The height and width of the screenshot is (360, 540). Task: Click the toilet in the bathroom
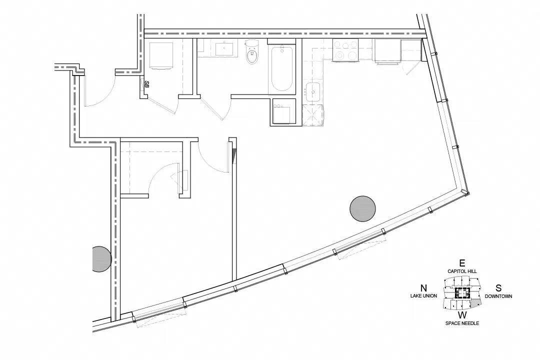click(x=251, y=52)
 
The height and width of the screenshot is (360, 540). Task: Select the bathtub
click(x=282, y=68)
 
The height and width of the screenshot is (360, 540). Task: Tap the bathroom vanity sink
click(x=226, y=48)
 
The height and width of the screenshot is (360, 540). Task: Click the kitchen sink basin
click(x=312, y=92)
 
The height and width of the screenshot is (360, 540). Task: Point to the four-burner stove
click(x=345, y=50)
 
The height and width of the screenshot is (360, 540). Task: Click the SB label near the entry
click(x=146, y=84)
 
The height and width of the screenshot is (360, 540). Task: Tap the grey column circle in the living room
click(x=362, y=209)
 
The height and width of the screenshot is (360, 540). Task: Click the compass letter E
click(x=462, y=263)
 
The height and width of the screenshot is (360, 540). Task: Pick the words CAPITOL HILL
click(x=462, y=271)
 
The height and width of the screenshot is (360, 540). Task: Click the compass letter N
click(x=423, y=288)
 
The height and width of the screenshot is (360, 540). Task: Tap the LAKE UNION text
click(x=423, y=296)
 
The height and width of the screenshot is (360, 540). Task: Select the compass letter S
click(x=498, y=288)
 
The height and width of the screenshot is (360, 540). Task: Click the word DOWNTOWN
click(x=498, y=296)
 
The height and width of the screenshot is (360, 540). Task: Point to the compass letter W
click(x=462, y=315)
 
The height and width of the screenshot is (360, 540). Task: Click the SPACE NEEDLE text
click(x=462, y=323)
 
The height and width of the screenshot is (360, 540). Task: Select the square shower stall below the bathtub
click(x=284, y=111)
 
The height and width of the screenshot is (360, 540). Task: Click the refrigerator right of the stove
click(x=388, y=51)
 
